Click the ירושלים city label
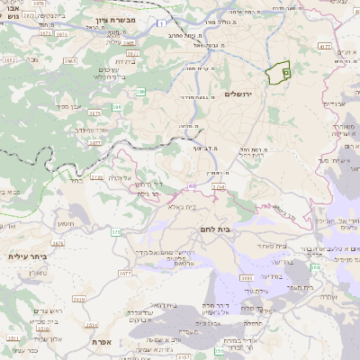click(x=266, y=94)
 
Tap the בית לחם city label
click(x=236, y=229)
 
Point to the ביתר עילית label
click(x=29, y=256)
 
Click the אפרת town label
click(x=100, y=342)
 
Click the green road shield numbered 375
click(x=114, y=233)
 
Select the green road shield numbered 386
click(x=116, y=107)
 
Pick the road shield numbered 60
click(x=192, y=186)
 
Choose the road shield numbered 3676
click(x=58, y=242)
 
